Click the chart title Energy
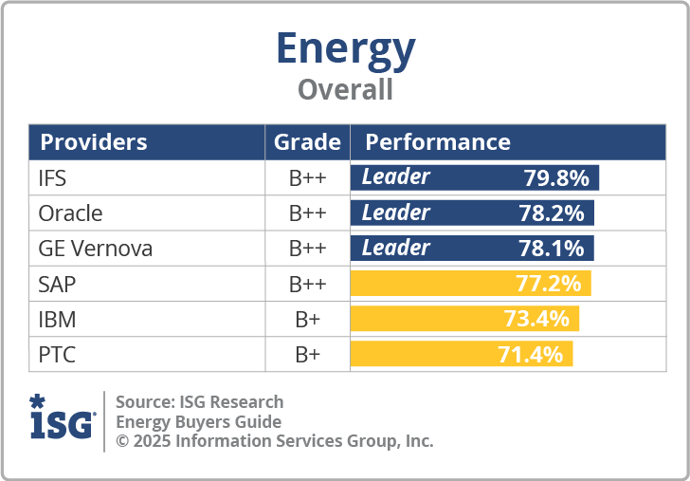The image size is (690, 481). (x=345, y=48)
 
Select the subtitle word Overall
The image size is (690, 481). (x=345, y=90)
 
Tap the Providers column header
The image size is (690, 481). (x=94, y=142)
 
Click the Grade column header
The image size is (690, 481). (x=307, y=142)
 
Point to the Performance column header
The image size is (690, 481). (x=438, y=142)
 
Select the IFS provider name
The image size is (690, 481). (x=52, y=178)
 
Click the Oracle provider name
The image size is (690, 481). (x=70, y=213)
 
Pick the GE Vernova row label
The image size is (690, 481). (x=95, y=249)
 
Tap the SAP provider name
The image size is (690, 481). (x=57, y=284)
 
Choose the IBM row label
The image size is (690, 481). (x=57, y=319)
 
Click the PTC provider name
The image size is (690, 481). (x=57, y=355)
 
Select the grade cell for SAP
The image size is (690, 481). (x=307, y=284)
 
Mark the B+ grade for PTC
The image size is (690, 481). (x=307, y=355)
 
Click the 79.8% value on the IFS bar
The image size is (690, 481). (x=556, y=178)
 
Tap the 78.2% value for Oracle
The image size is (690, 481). (x=552, y=213)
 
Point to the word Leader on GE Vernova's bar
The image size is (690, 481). (x=395, y=248)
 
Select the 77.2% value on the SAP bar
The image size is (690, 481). (x=549, y=284)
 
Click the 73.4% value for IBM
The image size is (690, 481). (x=536, y=319)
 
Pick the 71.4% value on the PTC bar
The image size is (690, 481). (x=531, y=355)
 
